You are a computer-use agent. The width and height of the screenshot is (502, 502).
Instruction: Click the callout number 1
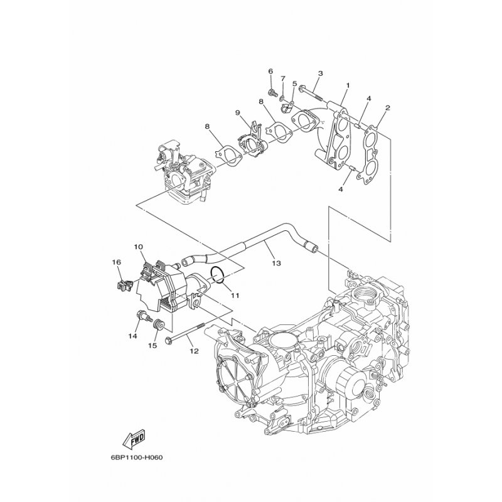click(x=348, y=85)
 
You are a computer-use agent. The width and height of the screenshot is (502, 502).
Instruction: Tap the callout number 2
click(x=388, y=108)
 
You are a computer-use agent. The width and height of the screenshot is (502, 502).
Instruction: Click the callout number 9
click(x=238, y=113)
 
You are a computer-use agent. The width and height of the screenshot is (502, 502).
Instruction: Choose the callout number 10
click(x=138, y=247)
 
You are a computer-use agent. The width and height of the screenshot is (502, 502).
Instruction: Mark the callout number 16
click(x=116, y=262)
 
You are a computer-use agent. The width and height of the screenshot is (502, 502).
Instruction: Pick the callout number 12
click(x=193, y=351)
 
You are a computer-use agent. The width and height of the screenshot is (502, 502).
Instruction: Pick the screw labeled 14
click(x=140, y=317)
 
